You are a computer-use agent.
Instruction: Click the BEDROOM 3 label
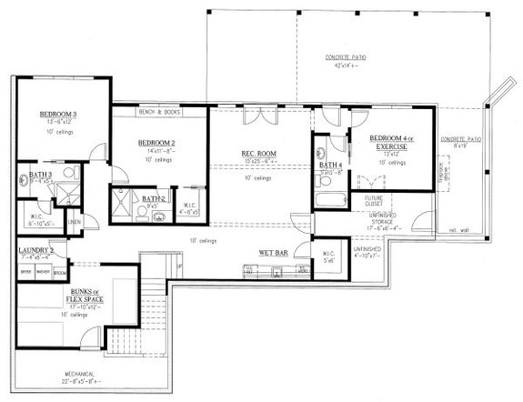point(56,114)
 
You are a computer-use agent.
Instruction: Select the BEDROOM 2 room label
point(156,144)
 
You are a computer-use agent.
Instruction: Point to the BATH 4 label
point(330,164)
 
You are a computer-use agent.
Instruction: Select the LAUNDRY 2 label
point(35,251)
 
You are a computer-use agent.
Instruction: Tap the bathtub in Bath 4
point(326,200)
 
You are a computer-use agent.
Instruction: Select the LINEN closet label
point(74,221)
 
